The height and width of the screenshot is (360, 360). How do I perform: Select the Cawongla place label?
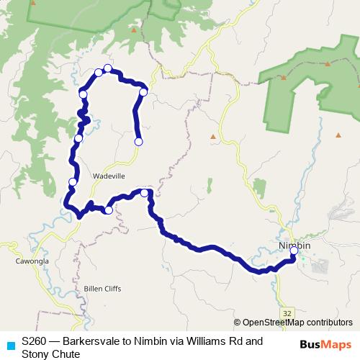(30, 261)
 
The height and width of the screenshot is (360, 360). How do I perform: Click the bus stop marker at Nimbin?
(294, 251)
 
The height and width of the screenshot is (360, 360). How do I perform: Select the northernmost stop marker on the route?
(108, 68)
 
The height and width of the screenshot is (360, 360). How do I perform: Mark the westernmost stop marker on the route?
(72, 182)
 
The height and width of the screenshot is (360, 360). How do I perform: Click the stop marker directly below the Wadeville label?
(109, 210)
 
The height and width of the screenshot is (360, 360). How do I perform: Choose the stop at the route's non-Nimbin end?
(138, 142)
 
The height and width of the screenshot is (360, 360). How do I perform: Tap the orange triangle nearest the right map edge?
(338, 135)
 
